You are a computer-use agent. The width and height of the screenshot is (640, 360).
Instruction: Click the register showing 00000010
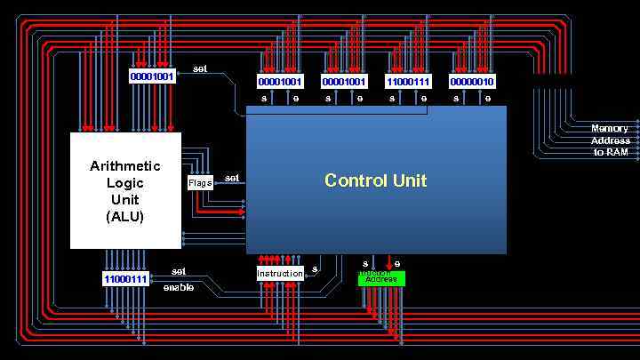[472, 82]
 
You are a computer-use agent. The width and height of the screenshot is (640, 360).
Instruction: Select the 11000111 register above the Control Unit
[408, 82]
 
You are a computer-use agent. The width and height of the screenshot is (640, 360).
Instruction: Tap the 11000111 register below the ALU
[125, 279]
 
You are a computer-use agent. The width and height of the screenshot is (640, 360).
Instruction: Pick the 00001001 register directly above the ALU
[152, 76]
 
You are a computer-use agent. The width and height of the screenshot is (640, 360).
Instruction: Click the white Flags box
[200, 183]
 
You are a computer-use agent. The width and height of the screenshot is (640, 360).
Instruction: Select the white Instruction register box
[280, 274]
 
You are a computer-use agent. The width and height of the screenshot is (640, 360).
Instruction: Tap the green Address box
[381, 279]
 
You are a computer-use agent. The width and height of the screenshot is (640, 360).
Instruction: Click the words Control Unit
[375, 180]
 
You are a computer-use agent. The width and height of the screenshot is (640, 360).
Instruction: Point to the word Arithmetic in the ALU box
[125, 166]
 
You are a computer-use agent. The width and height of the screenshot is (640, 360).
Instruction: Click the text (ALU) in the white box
[125, 216]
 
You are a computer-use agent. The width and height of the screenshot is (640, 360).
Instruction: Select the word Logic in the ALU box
[125, 183]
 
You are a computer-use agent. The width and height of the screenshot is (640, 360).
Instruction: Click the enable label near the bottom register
[178, 287]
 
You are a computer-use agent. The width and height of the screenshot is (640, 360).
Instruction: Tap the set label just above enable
[179, 271]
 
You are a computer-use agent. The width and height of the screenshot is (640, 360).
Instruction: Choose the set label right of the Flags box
[232, 178]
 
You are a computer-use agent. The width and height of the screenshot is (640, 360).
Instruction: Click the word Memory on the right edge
[610, 129]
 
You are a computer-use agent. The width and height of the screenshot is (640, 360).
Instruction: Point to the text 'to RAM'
[611, 152]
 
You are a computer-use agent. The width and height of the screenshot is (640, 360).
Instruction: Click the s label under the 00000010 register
[456, 99]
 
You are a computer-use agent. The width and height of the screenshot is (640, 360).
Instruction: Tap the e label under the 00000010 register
[488, 99]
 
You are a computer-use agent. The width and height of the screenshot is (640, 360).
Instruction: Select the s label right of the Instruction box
[315, 269]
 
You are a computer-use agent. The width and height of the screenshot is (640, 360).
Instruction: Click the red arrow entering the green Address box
[388, 265]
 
